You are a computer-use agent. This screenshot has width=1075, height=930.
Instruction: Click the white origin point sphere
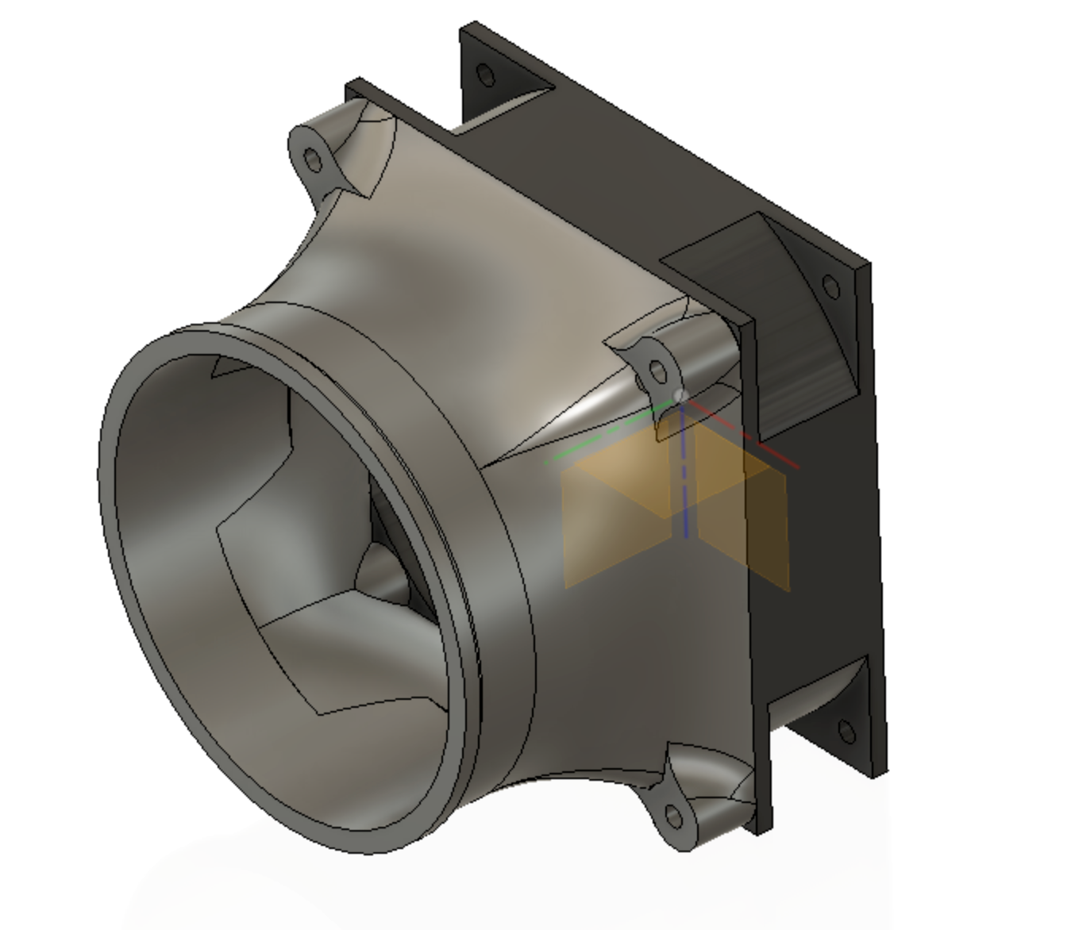pos(680,395)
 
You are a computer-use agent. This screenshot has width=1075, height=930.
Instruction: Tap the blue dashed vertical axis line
pos(684,476)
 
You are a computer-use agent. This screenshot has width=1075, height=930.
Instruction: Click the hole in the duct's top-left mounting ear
pos(314,161)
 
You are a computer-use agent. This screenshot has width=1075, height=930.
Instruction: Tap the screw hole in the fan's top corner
pos(487,76)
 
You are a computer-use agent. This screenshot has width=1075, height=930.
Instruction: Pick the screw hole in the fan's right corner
pos(830,286)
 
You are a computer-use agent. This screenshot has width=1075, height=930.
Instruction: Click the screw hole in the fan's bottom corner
pos(846,732)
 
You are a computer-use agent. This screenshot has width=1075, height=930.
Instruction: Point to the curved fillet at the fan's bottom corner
pos(818,690)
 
